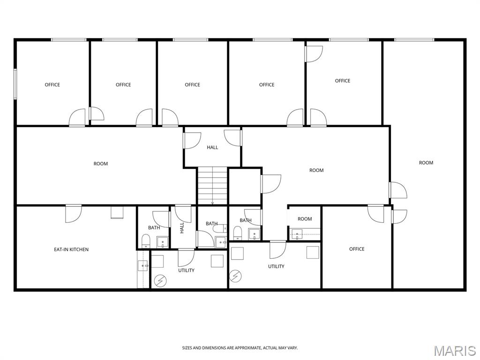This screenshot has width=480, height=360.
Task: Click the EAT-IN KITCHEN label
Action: pyautogui.click(x=71, y=249)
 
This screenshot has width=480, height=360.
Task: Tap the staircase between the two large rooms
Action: pyautogui.click(x=212, y=186)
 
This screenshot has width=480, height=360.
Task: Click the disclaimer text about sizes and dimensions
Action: pyautogui.click(x=240, y=348)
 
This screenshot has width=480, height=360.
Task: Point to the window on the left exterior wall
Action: pyautogui.click(x=15, y=84)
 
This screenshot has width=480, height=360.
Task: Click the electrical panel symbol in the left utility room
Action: pyautogui.click(x=160, y=280)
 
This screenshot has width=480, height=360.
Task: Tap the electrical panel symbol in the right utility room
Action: pyautogui.click(x=235, y=277)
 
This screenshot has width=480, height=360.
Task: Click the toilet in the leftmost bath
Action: pyautogui.click(x=146, y=241)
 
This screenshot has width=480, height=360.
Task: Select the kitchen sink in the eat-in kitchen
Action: pyautogui.click(x=142, y=265)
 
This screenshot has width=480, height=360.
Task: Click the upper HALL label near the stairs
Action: pyautogui.click(x=212, y=148)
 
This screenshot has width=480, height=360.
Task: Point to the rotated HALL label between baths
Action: pyautogui.click(x=182, y=228)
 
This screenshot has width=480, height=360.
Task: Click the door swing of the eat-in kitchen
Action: pyautogui.click(x=74, y=214)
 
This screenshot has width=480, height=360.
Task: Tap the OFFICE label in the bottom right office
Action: pyautogui.click(x=357, y=249)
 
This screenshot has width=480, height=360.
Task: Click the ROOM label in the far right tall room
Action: pyautogui.click(x=426, y=163)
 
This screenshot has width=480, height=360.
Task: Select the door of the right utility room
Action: pyautogui.click(x=277, y=250)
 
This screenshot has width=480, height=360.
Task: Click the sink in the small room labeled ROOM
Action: pyautogui.click(x=297, y=234)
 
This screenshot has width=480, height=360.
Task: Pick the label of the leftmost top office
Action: pyautogui.click(x=52, y=85)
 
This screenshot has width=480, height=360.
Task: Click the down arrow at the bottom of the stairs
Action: pyautogui.click(x=212, y=202)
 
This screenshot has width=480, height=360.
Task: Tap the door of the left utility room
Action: pyautogui.click(x=186, y=257)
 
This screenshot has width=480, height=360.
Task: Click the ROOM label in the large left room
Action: pyautogui.click(x=101, y=164)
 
